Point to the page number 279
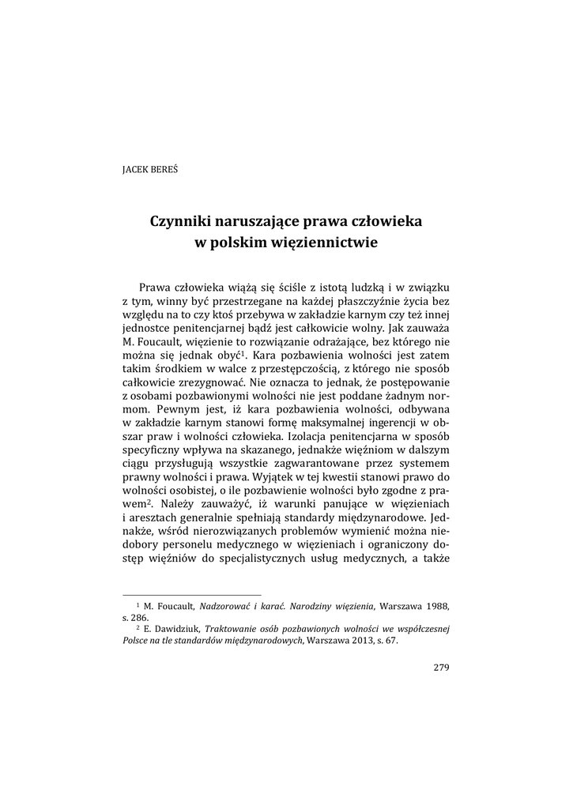441,668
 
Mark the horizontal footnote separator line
192,593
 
